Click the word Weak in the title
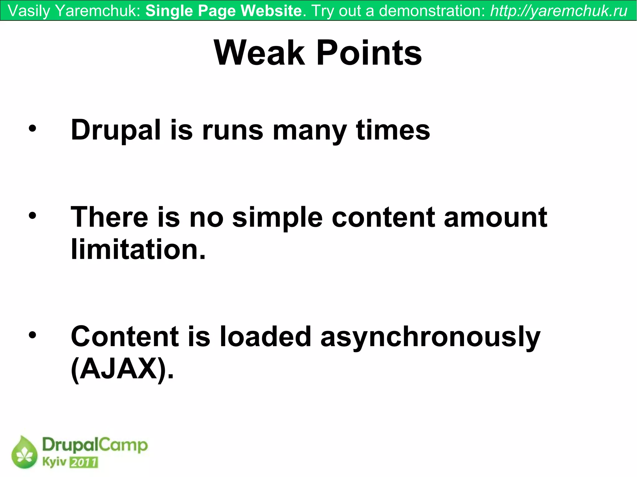(x=260, y=53)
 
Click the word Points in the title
(x=369, y=53)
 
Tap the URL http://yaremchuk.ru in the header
(x=559, y=11)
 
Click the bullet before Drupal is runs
(x=32, y=128)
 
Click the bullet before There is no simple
(x=32, y=215)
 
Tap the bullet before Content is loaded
(x=32, y=335)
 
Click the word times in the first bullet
(x=393, y=130)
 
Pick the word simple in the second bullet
(x=277, y=217)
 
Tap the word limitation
(x=138, y=249)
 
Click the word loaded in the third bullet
(x=265, y=336)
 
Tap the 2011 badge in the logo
(x=84, y=462)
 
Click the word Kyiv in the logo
(x=54, y=462)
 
